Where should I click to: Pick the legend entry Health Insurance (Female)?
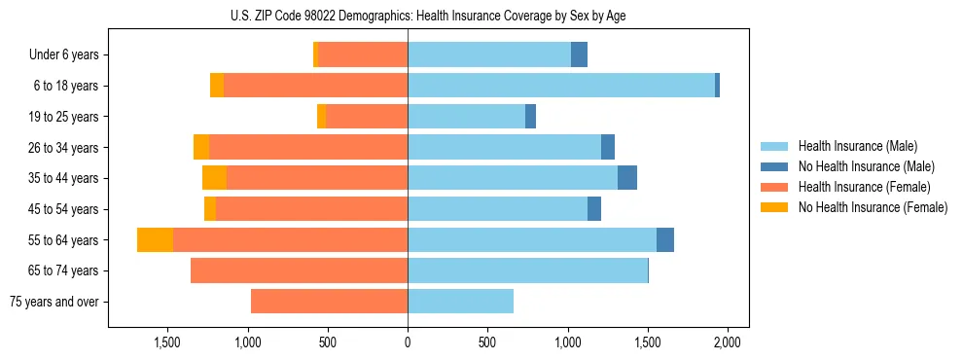tap(864, 187)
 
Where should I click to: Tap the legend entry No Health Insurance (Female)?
tap(873, 207)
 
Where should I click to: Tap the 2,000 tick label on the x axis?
tap(728, 342)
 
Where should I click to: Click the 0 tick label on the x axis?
tap(408, 342)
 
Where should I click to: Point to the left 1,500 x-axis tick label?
tap(167, 342)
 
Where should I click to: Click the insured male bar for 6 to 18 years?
tap(659, 86)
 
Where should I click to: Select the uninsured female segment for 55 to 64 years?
tap(155, 240)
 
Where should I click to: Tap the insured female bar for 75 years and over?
tap(329, 302)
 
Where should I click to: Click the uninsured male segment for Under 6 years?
tap(579, 55)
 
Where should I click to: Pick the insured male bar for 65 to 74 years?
tap(527, 270)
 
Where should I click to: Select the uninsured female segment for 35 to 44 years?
tap(214, 178)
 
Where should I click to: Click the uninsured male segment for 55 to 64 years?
tap(665, 240)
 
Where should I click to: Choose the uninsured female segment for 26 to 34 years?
tap(201, 147)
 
